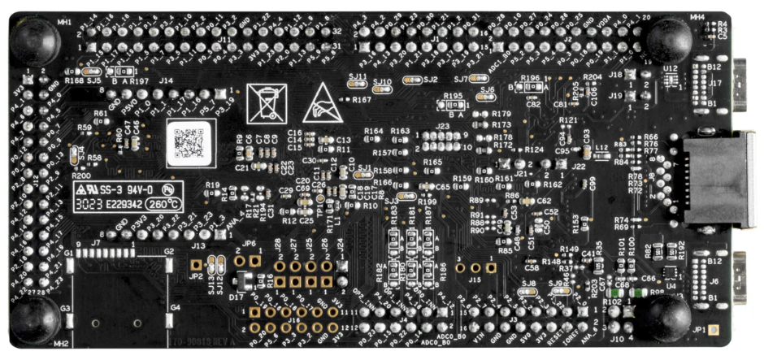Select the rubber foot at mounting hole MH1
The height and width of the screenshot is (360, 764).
[33, 37]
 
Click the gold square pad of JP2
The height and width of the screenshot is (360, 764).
[196, 263]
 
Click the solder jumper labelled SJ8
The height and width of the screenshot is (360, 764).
[529, 293]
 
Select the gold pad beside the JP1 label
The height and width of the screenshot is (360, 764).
[714, 331]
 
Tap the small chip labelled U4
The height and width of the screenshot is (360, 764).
[671, 274]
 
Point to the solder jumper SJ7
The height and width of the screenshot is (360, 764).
[475, 79]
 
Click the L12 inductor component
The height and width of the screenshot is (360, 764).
[601, 154]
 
